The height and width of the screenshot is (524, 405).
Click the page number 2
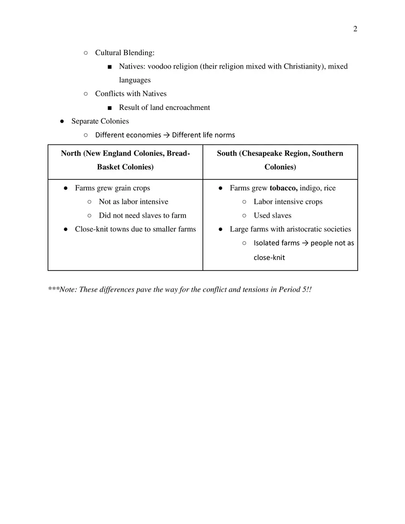355,29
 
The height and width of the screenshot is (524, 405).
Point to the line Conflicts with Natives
131,94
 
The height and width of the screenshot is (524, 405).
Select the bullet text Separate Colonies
100,121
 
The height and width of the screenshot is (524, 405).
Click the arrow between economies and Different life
167,135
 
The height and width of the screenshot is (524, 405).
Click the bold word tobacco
283,188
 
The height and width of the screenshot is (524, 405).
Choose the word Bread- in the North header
178,153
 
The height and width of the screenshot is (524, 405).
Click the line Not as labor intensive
133,202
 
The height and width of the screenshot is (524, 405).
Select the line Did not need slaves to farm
142,216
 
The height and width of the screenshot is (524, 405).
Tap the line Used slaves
272,216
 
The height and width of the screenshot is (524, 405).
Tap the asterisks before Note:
54,290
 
